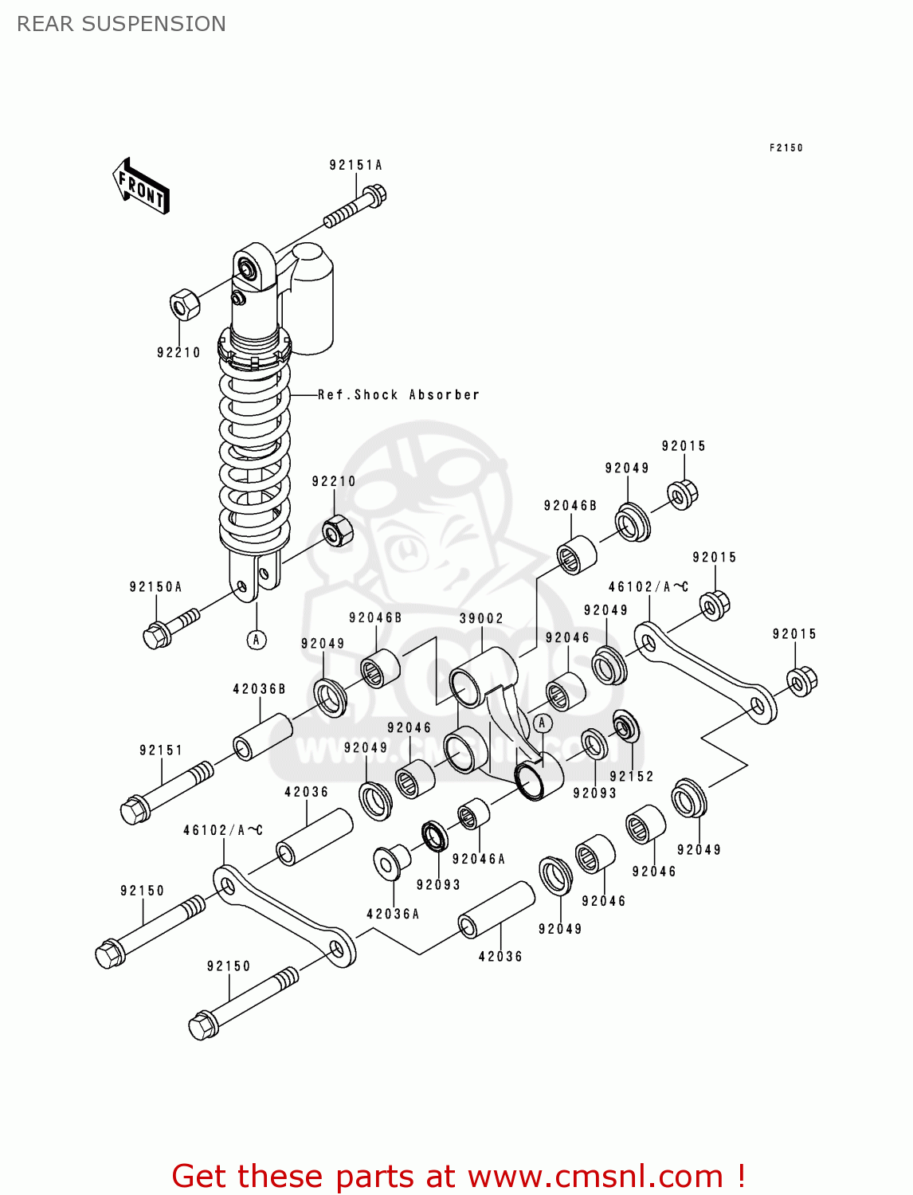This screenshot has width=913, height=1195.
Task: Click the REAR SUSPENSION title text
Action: click(x=121, y=24)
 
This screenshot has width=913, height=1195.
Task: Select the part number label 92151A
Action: click(x=355, y=165)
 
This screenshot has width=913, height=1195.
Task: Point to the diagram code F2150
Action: click(x=786, y=147)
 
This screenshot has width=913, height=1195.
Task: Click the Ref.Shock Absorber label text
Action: click(x=398, y=395)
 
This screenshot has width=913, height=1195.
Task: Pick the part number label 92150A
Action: click(x=155, y=587)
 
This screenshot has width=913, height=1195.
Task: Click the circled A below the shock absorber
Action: click(x=257, y=640)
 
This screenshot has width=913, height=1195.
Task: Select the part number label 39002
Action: click(x=481, y=618)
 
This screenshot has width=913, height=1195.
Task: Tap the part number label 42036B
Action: click(x=259, y=689)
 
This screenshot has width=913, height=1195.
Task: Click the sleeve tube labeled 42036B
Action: click(x=262, y=738)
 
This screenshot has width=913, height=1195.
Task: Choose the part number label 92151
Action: click(x=161, y=750)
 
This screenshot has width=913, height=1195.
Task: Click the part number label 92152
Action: click(x=631, y=776)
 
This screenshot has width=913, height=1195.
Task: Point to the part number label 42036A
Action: click(x=393, y=914)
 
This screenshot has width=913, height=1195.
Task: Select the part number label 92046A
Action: click(x=478, y=859)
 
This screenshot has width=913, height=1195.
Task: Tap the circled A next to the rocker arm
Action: click(x=543, y=723)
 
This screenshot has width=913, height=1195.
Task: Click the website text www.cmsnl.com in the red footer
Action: click(x=595, y=1176)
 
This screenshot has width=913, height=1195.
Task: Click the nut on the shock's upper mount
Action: click(x=184, y=305)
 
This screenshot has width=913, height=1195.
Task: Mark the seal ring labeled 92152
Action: click(x=625, y=726)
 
